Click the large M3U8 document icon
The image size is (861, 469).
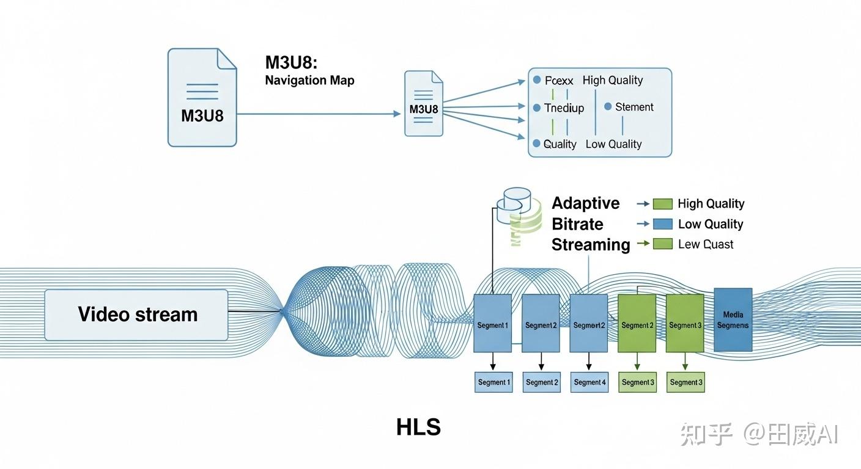pyautogui.click(x=202, y=98)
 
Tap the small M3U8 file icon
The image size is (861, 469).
pyautogui.click(x=423, y=103)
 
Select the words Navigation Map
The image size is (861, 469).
pyautogui.click(x=309, y=81)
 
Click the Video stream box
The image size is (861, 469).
pyautogui.click(x=136, y=314)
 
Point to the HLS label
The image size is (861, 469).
pyautogui.click(x=418, y=427)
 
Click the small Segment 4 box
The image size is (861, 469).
pyautogui.click(x=589, y=382)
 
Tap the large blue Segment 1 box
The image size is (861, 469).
pyautogui.click(x=492, y=323)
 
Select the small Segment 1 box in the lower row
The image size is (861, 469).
pyautogui.click(x=493, y=382)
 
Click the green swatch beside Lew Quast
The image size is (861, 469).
pyautogui.click(x=662, y=244)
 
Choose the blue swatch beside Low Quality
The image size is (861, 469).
pyautogui.click(x=662, y=224)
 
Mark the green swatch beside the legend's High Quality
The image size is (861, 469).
pyautogui.click(x=662, y=204)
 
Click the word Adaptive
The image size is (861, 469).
pyautogui.click(x=585, y=203)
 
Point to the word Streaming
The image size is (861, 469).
pyautogui.click(x=590, y=245)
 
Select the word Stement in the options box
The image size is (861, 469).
pyautogui.click(x=634, y=107)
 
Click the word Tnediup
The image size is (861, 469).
pyautogui.click(x=564, y=108)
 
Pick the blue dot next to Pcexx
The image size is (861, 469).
pyautogui.click(x=537, y=80)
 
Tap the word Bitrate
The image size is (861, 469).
pyautogui.click(x=577, y=224)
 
